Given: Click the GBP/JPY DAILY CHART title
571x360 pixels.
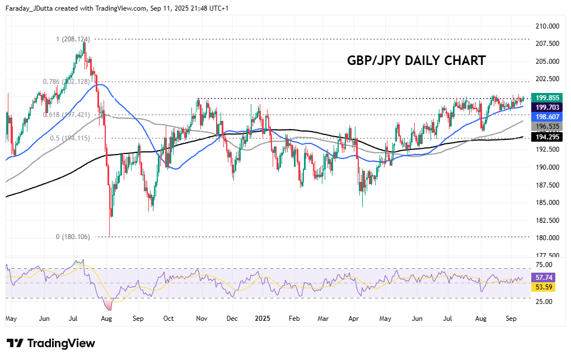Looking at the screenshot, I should (x=416, y=60).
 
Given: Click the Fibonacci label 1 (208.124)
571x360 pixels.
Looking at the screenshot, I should (x=73, y=39).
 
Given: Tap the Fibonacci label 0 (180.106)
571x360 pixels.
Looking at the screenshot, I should (x=73, y=237).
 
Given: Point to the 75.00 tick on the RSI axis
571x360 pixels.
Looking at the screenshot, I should (x=544, y=265).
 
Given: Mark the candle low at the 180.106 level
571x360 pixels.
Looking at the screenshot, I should (x=110, y=236).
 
